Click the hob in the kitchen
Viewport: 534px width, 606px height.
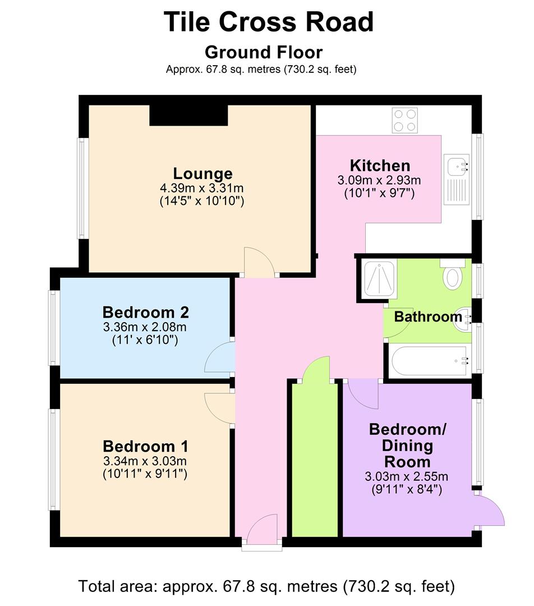[404, 120]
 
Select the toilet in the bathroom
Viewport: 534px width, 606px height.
[452, 275]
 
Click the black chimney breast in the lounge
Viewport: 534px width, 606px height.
[188, 115]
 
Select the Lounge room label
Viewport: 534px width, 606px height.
[202, 173]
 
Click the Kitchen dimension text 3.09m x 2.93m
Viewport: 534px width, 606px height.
[379, 181]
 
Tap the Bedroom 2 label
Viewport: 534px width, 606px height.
[145, 312]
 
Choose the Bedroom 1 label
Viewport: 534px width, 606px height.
[145, 447]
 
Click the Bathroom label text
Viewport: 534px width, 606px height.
[427, 317]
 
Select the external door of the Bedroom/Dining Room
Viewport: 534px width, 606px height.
[490, 511]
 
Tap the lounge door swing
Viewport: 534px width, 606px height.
[258, 261]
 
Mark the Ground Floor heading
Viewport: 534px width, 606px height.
[264, 52]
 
